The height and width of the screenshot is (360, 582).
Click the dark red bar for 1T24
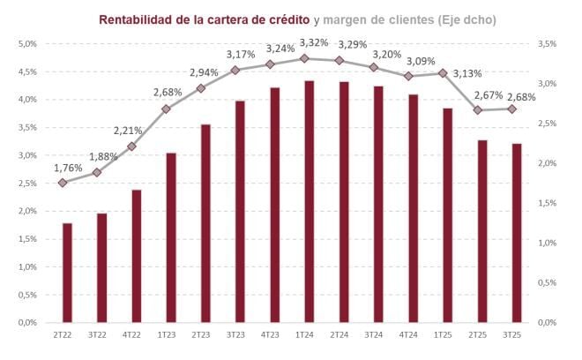click(x=309, y=201)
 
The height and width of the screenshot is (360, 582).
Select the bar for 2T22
click(x=67, y=273)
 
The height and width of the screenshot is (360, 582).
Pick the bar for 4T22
click(x=137, y=256)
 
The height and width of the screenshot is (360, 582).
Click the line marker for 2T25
click(x=477, y=110)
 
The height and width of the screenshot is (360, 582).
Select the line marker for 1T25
click(x=443, y=73)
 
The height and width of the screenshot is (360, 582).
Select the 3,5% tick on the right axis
click(x=546, y=43)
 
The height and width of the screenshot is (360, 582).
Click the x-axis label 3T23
click(x=235, y=335)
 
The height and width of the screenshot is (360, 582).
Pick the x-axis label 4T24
click(x=407, y=335)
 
